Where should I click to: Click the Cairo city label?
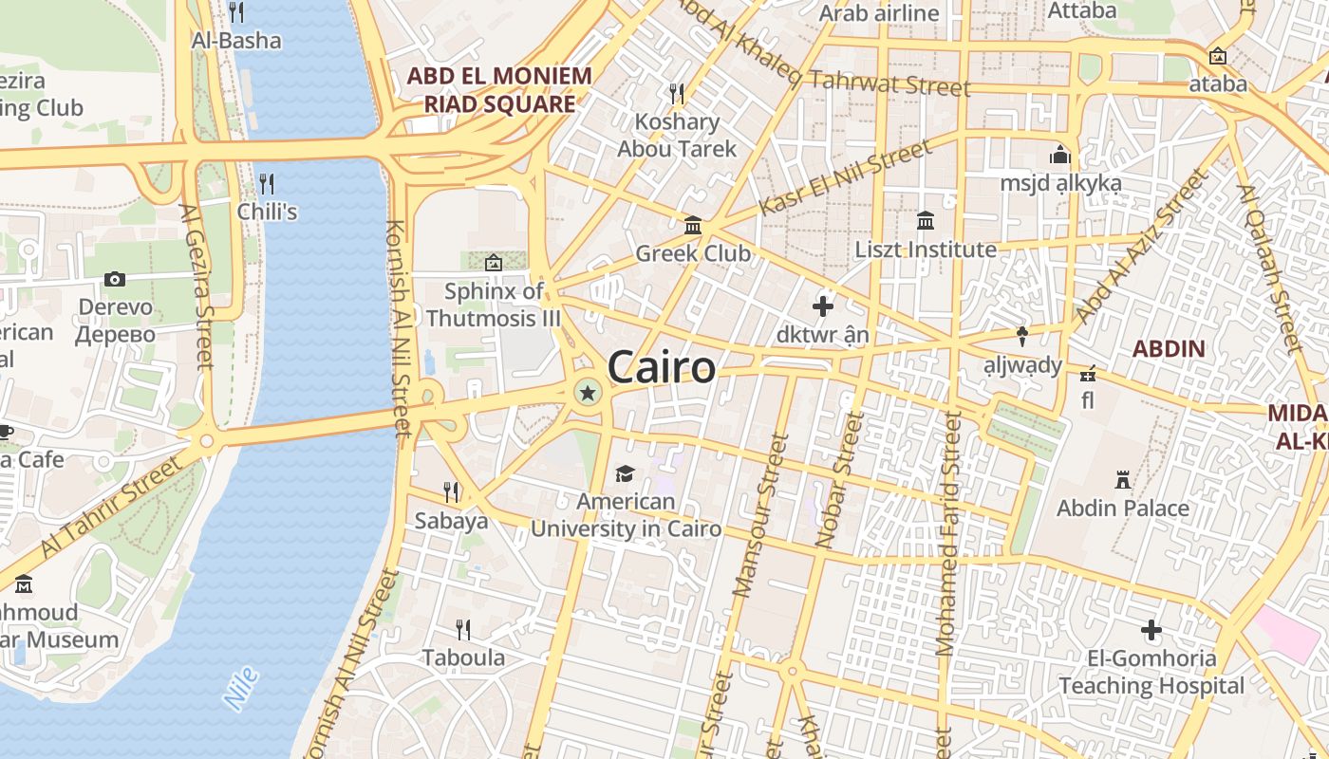coord(661,367)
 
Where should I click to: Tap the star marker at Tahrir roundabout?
coord(588,392)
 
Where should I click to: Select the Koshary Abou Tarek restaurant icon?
coord(677,93)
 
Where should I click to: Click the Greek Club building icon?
coord(693,226)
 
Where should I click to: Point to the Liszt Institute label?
coord(926,250)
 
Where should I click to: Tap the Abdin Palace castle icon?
coord(1123,480)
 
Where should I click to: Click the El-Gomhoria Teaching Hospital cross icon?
coord(1151,630)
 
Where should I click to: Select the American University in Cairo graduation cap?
coord(625,473)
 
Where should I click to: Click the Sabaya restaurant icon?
coord(451,491)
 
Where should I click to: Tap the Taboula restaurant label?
coord(463,657)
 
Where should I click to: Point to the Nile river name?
coord(241,689)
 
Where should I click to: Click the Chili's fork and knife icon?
coord(267,183)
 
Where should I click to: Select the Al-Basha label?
coord(236,41)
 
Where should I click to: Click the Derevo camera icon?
coord(115,279)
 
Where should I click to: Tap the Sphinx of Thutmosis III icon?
coord(493,263)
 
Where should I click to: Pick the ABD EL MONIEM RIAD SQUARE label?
coord(499,89)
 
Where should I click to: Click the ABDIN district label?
coord(1168,348)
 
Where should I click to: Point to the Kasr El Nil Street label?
coord(846,177)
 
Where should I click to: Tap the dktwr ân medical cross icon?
coord(823,306)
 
